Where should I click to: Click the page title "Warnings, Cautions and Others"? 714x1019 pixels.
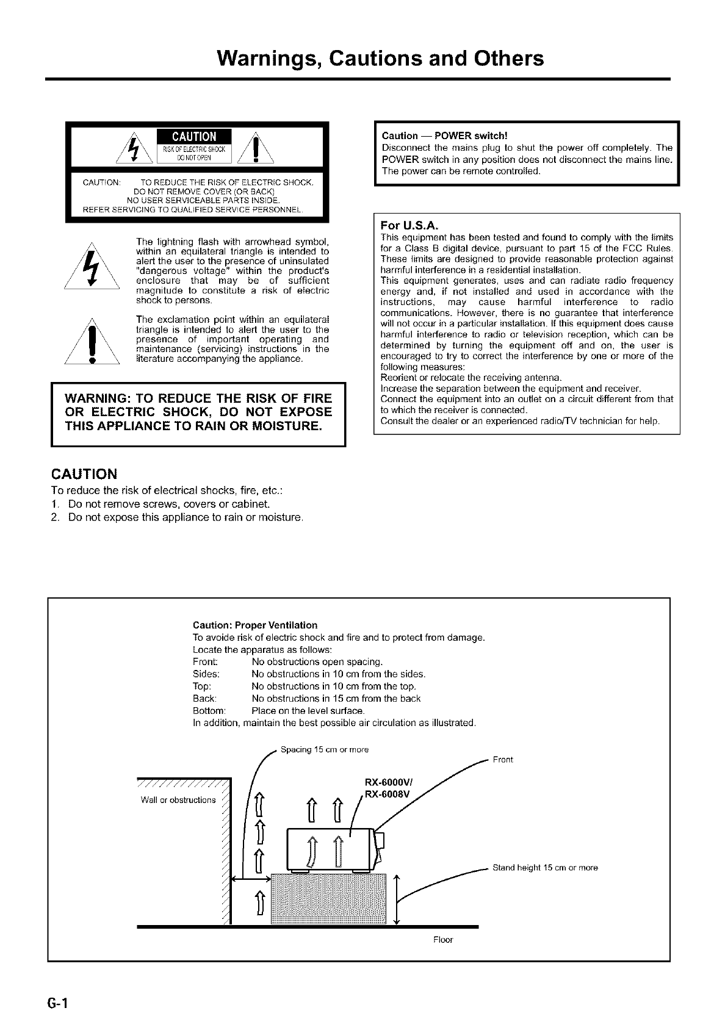[x=380, y=59]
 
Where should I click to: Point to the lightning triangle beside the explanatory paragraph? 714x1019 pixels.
[x=92, y=267]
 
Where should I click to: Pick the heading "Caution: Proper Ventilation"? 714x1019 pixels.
[x=254, y=625]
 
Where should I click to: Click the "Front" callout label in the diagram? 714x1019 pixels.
[x=503, y=760]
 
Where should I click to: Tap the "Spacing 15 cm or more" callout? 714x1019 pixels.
[x=324, y=749]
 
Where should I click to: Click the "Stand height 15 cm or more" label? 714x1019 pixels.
[x=545, y=868]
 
